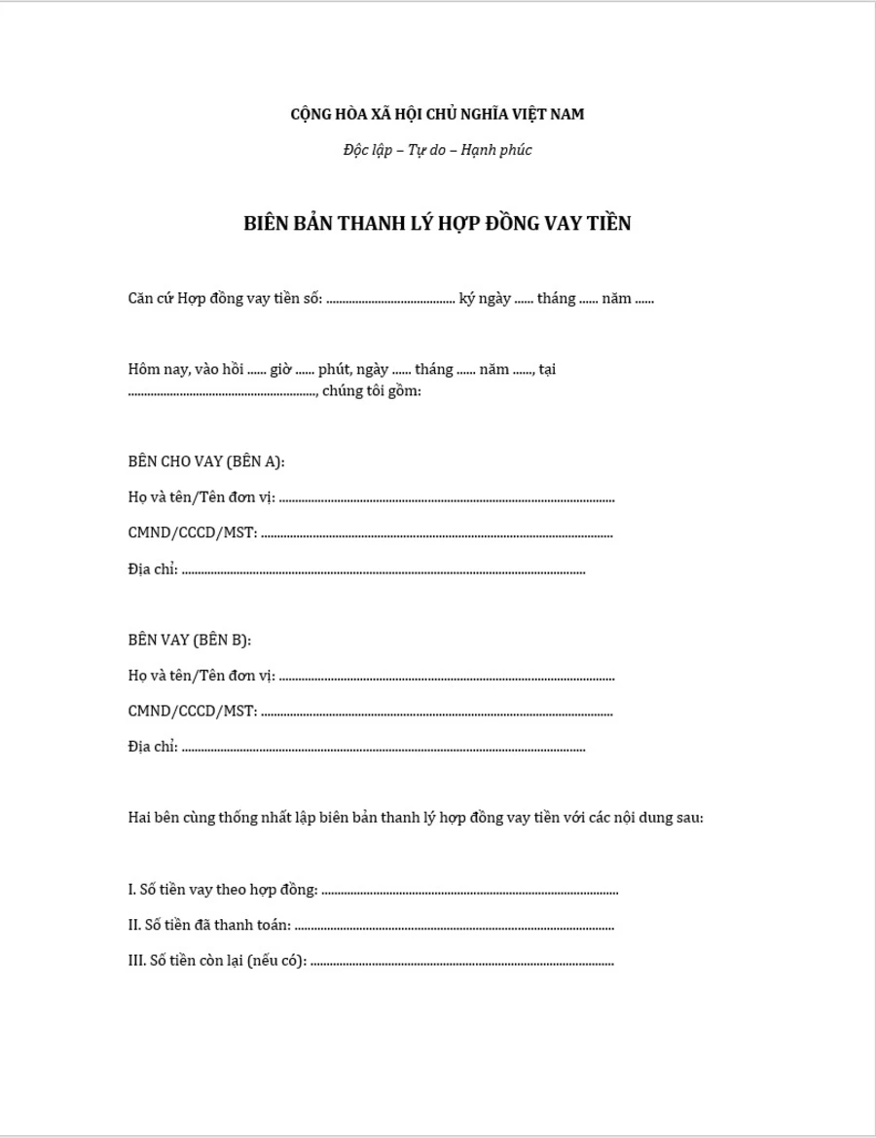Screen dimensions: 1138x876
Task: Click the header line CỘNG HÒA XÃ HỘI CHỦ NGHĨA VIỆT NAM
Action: [437, 114]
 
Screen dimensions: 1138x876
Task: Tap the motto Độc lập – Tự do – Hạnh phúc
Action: [437, 150]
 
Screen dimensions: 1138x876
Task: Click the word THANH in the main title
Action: [369, 223]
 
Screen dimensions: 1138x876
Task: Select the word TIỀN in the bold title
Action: [604, 223]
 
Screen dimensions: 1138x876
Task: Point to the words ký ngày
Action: [485, 298]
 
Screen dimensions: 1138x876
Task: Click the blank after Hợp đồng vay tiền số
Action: [390, 300]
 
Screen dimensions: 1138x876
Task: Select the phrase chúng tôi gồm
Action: [372, 391]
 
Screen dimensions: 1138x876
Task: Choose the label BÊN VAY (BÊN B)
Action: [190, 640]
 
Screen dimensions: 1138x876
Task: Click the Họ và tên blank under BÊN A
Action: [447, 499]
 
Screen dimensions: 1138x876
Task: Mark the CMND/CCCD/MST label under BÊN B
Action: [192, 711]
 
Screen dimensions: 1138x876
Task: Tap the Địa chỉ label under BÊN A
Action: [152, 569]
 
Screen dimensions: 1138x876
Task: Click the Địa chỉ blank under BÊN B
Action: [383, 750]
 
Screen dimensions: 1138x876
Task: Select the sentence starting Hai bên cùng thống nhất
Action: [416, 817]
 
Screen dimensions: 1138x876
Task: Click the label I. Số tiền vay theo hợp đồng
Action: [223, 889]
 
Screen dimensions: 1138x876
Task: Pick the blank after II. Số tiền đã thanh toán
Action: [454, 927]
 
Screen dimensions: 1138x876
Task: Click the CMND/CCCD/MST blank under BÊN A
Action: [437, 534]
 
